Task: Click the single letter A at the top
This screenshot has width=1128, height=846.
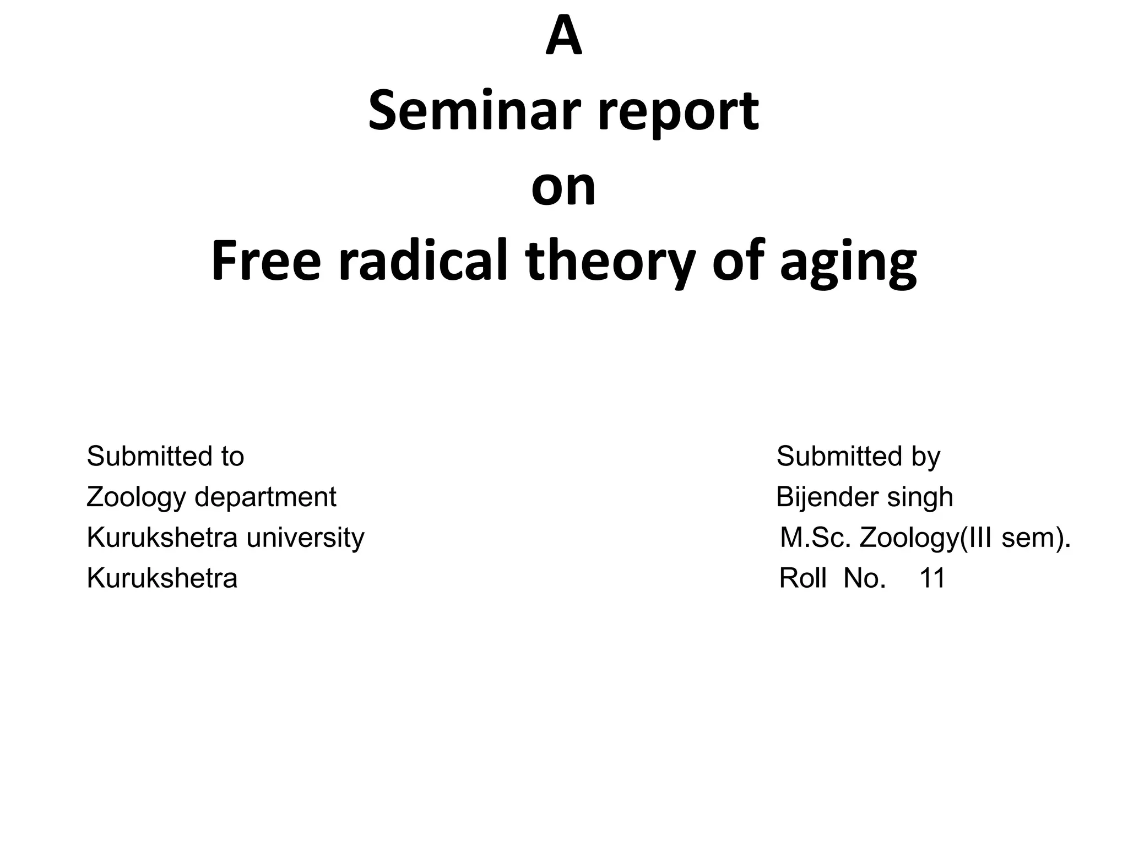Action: (563, 37)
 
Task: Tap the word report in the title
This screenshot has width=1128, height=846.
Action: (679, 116)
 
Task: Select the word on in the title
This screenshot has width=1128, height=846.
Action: (563, 187)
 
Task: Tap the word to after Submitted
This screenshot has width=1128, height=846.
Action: (232, 457)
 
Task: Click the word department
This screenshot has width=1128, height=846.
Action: (265, 498)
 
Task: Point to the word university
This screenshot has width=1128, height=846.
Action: (305, 538)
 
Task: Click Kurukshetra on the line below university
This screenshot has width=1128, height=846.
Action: (162, 578)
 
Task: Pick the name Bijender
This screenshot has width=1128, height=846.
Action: (819, 497)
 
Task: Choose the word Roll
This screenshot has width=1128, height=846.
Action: (802, 578)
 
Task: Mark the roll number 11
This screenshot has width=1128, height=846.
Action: (932, 578)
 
